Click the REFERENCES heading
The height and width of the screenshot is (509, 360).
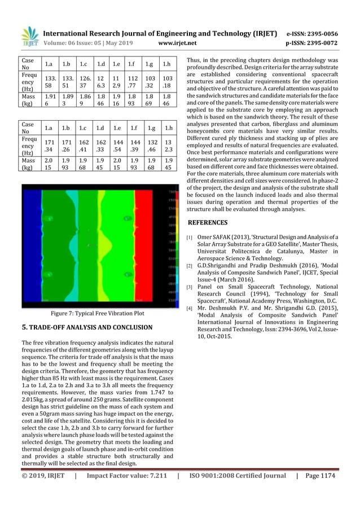point(207,222)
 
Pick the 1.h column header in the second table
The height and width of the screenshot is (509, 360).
point(168,129)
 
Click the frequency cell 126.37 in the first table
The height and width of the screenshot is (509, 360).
point(86,82)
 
